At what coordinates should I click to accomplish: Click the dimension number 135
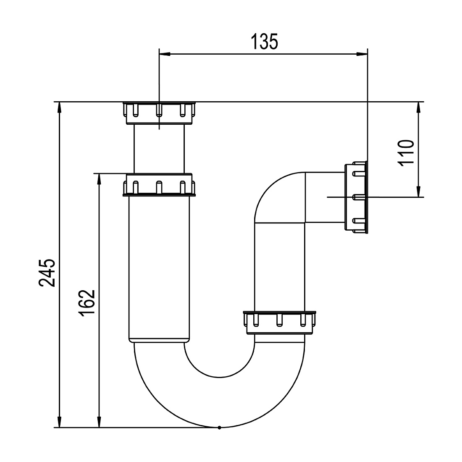point(264,42)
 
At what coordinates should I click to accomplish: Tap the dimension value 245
point(47,273)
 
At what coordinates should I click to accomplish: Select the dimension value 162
point(87,303)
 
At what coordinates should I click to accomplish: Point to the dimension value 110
point(406,153)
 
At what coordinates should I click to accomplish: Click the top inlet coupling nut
point(159,113)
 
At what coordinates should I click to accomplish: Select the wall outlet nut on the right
point(356,197)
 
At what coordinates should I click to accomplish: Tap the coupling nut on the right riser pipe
point(279,323)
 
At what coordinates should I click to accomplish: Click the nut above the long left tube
point(159,185)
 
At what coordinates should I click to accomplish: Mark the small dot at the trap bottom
point(219,428)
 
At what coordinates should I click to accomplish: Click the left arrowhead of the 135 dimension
point(165,54)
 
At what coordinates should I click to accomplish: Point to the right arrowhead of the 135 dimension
point(362,54)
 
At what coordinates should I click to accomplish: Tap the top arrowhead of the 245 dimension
point(60,108)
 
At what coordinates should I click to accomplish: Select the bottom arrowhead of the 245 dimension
point(60,422)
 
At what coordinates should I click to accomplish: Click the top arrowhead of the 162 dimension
point(99,179)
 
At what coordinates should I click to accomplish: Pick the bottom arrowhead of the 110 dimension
point(418,191)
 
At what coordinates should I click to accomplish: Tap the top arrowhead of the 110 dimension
point(418,108)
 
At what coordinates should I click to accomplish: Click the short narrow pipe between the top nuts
point(159,149)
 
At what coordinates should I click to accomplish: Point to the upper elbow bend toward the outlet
point(280,197)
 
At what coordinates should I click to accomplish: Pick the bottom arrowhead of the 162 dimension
point(99,422)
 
